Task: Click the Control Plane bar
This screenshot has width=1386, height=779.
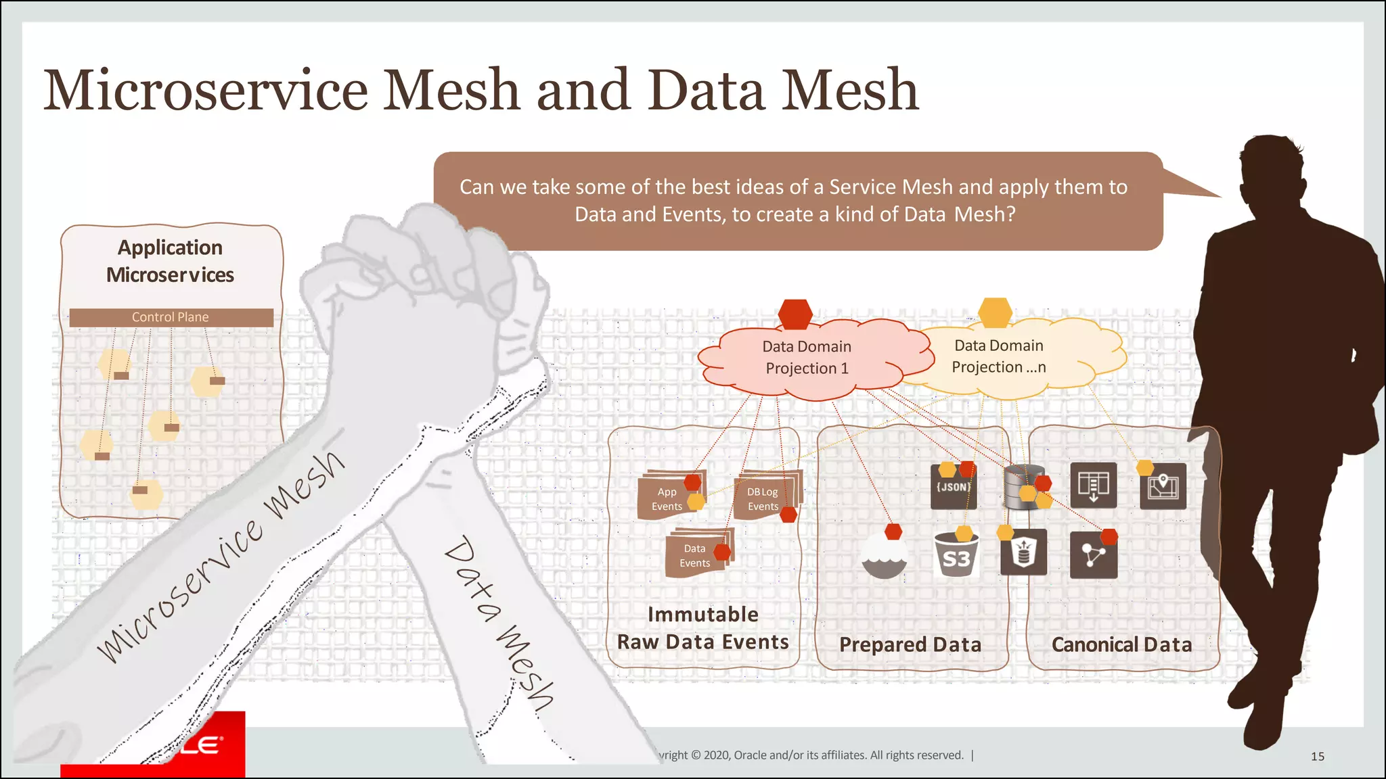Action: click(x=171, y=317)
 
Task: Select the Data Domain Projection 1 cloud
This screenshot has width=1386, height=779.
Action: click(x=807, y=358)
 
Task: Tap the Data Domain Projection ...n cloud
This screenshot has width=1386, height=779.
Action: click(x=999, y=356)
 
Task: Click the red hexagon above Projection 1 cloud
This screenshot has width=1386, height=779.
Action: click(x=795, y=314)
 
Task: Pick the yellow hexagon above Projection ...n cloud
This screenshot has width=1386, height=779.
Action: click(x=995, y=312)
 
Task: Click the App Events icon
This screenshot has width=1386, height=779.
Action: click(x=669, y=498)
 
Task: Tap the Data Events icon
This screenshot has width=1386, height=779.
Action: click(x=696, y=555)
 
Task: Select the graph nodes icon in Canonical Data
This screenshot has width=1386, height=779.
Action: click(x=1093, y=555)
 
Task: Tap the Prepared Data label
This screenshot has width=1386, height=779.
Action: click(x=910, y=644)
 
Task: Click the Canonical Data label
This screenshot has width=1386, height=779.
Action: click(x=1121, y=644)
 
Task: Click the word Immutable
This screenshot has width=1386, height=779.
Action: click(x=702, y=614)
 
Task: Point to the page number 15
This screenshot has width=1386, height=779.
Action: click(x=1317, y=756)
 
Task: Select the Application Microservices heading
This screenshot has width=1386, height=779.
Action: click(x=171, y=261)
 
